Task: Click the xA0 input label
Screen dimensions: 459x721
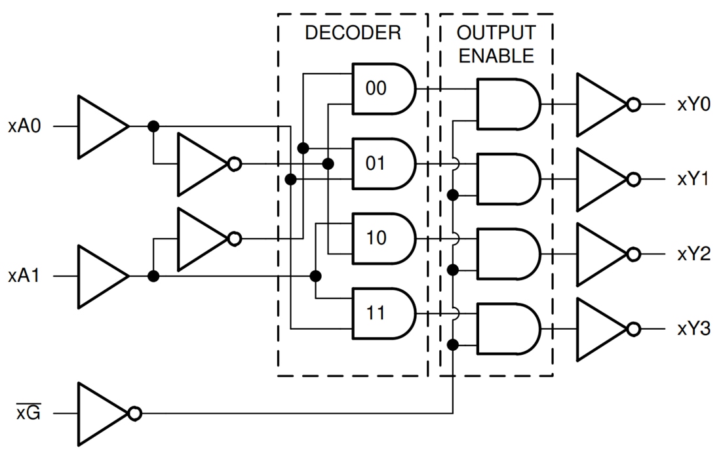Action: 25,127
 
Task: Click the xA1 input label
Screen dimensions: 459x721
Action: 25,277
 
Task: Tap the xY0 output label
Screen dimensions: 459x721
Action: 693,105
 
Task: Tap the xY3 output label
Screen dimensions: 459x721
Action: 693,329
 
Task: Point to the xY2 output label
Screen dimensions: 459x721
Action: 693,254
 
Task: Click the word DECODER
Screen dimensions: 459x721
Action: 353,33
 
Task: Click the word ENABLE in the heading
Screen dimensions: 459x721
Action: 496,56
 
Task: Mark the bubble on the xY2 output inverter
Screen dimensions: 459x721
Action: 633,254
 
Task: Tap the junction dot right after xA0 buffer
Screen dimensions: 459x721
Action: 153,127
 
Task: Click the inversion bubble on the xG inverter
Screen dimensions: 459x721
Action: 134,414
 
